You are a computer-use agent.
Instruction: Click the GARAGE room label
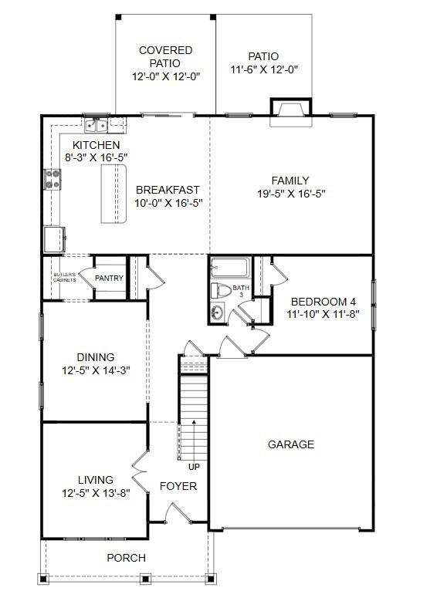tap(291, 444)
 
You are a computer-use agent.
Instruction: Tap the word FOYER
tap(178, 486)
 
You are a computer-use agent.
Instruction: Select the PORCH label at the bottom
tap(126, 558)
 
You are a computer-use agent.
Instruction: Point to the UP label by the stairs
tap(194, 466)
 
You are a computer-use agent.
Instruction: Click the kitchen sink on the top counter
tap(97, 125)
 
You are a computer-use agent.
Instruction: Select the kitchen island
tap(113, 193)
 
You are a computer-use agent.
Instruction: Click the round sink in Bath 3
tap(217, 313)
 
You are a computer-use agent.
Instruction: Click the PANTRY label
tap(109, 278)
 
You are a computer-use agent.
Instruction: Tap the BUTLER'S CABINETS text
tap(64, 277)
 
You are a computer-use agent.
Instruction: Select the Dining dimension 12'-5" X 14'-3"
tap(96, 370)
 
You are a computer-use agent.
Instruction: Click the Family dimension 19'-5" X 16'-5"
tap(290, 194)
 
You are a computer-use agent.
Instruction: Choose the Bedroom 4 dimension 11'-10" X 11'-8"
tap(324, 314)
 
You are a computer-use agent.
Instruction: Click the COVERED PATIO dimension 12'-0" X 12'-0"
tap(166, 76)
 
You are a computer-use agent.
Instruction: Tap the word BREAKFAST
tap(168, 190)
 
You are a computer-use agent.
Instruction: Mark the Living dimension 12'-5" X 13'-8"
tap(96, 492)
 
